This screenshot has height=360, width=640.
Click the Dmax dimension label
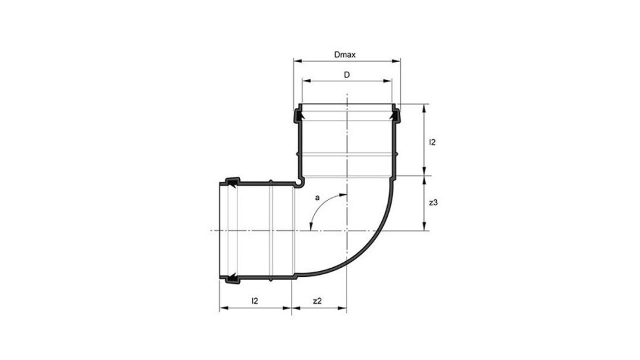click(346, 56)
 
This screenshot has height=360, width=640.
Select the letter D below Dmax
click(346, 75)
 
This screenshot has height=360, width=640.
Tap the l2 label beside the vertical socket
click(433, 142)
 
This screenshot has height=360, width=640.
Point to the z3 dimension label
click(434, 203)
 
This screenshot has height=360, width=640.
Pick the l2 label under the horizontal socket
click(255, 301)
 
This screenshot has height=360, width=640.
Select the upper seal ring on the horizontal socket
click(231, 181)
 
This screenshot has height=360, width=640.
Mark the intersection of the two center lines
click(347, 230)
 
